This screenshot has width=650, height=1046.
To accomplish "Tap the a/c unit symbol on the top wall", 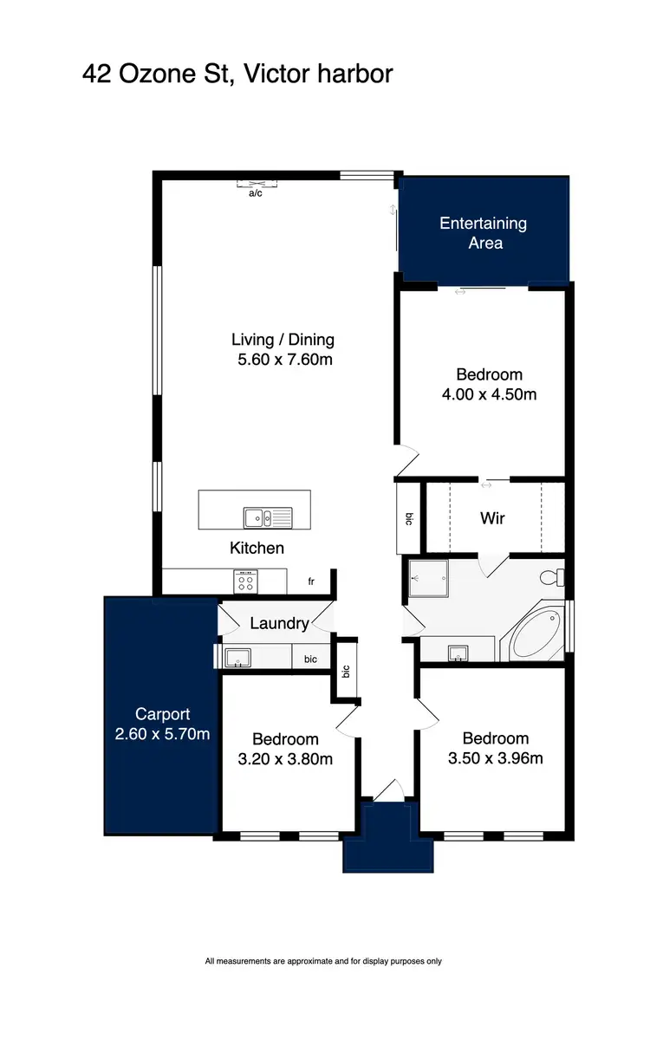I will [x=257, y=183].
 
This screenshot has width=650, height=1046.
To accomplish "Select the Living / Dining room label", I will [x=283, y=340].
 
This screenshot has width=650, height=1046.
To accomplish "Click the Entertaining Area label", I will [x=484, y=233].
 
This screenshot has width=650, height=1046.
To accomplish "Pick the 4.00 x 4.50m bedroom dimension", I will [x=490, y=394].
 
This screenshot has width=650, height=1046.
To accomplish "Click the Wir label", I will [x=492, y=518].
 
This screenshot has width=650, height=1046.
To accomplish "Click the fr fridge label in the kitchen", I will [x=311, y=582].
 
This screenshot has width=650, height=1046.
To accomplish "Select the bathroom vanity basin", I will [x=458, y=653].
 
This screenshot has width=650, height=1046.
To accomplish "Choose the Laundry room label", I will [x=279, y=623].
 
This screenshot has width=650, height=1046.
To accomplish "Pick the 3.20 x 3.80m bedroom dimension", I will [x=285, y=759].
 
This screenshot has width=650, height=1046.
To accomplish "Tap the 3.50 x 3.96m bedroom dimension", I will [x=496, y=758].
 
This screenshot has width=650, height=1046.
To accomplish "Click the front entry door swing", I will [x=387, y=789].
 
